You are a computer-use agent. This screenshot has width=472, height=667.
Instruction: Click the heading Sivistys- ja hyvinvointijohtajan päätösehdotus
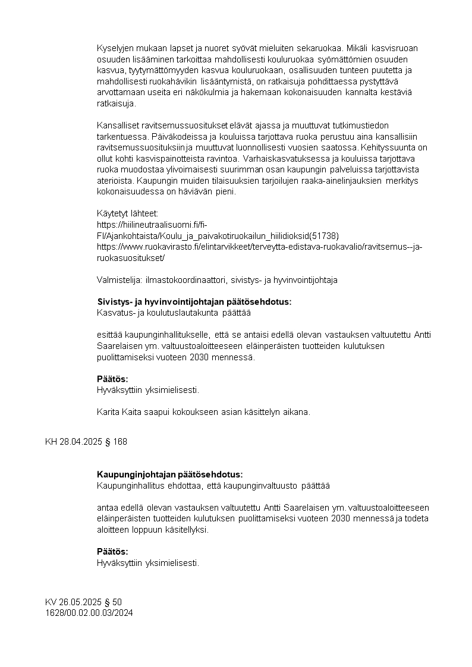tap(194, 301)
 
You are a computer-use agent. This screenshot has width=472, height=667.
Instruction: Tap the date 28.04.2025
tap(80, 442)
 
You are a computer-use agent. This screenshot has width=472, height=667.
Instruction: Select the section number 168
tap(119, 442)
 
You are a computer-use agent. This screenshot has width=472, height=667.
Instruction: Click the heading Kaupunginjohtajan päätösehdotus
tap(169, 474)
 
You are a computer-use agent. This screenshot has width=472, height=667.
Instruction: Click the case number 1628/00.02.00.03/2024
tap(89, 612)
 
